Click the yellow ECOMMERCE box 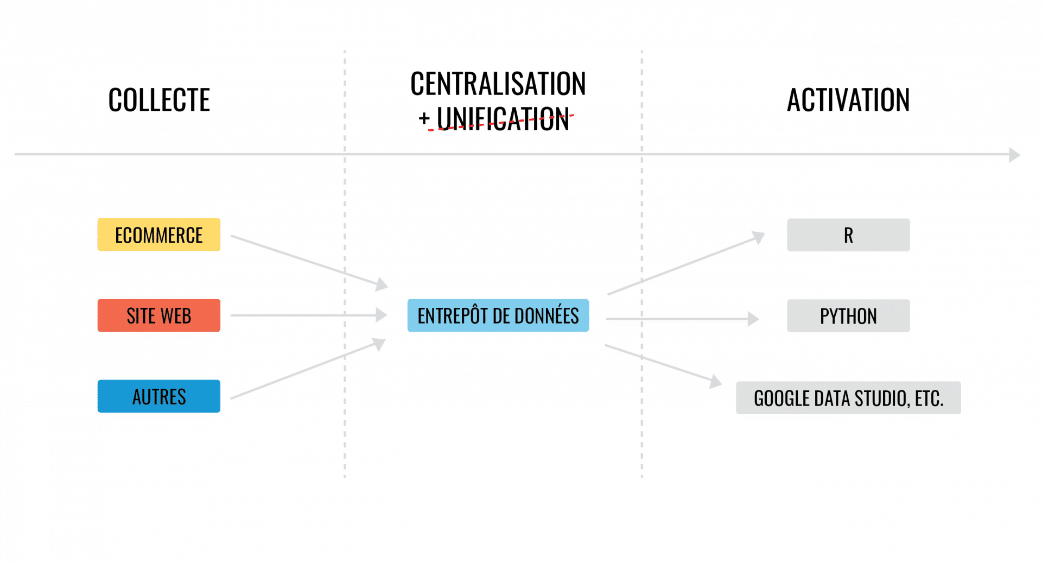click(158, 235)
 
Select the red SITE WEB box click(158, 315)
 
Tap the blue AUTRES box click(158, 396)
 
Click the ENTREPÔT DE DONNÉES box click(498, 315)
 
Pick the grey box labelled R click(848, 235)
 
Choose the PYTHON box click(848, 316)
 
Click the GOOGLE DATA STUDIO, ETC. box click(848, 398)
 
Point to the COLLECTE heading click(159, 100)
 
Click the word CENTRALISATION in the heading click(498, 84)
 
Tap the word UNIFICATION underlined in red click(503, 119)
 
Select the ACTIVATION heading click(848, 100)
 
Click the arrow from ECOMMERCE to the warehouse click(309, 261)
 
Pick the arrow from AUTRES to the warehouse click(308, 369)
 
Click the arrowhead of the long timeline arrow click(1014, 155)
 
